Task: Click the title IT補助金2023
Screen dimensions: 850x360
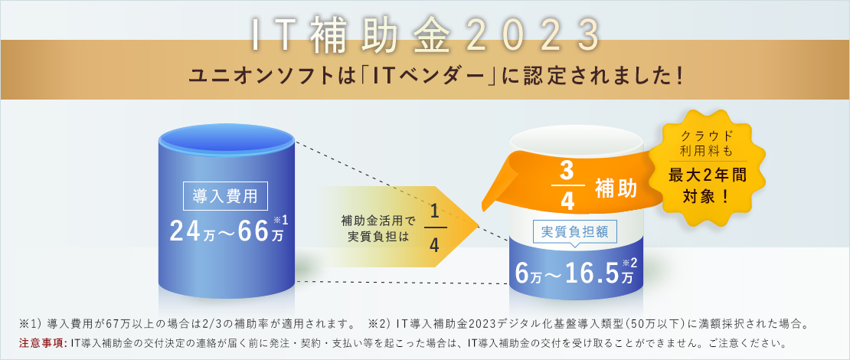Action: click(426, 36)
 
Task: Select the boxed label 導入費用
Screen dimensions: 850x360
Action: click(225, 196)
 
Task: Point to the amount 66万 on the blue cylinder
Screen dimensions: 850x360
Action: click(261, 231)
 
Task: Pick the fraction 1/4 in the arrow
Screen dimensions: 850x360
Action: click(433, 228)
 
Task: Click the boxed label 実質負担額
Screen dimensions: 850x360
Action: click(577, 232)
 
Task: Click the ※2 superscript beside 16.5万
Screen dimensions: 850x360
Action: click(630, 263)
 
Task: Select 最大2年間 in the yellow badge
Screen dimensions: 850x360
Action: click(707, 175)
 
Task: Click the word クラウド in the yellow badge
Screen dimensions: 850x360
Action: click(707, 136)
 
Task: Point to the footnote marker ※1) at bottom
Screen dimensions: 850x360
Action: click(32, 324)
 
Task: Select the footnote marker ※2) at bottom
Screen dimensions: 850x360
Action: click(380, 324)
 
